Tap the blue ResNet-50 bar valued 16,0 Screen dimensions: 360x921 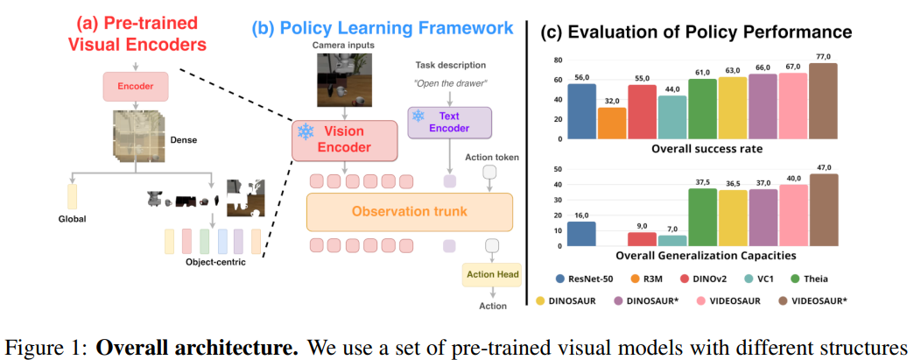tap(581, 234)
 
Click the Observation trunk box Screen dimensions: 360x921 tap(409, 212)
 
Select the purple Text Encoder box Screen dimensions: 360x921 tap(450, 123)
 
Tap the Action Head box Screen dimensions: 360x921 tap(492, 276)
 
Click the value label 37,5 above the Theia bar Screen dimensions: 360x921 tap(702, 183)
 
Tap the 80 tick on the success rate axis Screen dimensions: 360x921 tap(557, 60)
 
